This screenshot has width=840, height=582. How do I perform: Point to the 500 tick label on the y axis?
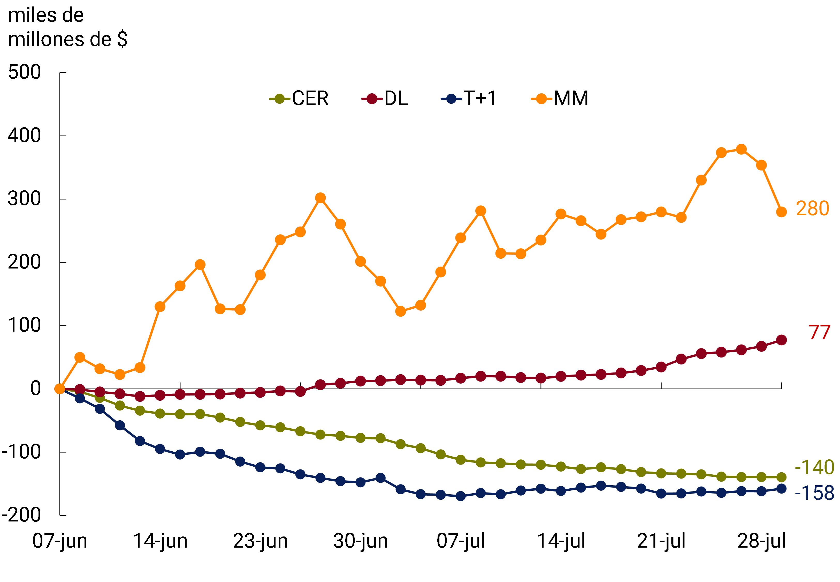24,72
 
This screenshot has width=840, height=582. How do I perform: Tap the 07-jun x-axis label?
60,541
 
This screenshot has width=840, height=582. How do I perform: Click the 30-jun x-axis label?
360,541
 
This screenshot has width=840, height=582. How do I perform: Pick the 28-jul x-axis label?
761,541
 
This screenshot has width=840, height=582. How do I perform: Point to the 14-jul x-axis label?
561,541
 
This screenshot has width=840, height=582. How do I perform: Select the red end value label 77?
819,333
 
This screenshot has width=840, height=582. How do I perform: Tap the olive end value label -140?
814,467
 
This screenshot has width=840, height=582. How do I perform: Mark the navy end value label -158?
814,493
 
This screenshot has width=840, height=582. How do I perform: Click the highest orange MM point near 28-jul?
741,149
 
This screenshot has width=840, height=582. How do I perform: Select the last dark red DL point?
781,340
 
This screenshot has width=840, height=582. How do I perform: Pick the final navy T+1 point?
781,489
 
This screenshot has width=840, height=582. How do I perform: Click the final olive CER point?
781,477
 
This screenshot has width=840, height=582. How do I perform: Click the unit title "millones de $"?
68,39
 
